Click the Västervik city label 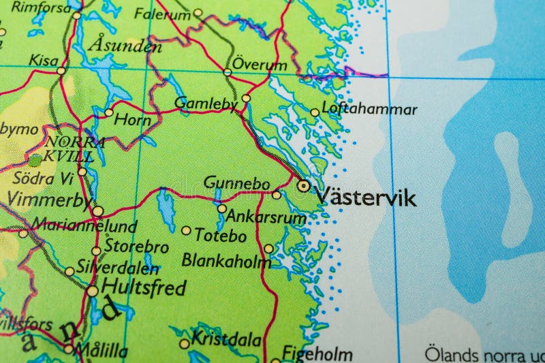pos(366,198)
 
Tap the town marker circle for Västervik pos(303,185)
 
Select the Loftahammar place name pos(369,109)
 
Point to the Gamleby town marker pos(246,98)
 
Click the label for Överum pos(260,65)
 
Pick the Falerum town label pos(162,13)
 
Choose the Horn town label pos(132,119)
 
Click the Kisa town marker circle pos(61,70)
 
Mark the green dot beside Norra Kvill pos(35,160)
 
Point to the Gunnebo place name pos(236,183)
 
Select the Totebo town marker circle pos(186,230)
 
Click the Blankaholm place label pos(226,260)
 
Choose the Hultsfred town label pos(143,288)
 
